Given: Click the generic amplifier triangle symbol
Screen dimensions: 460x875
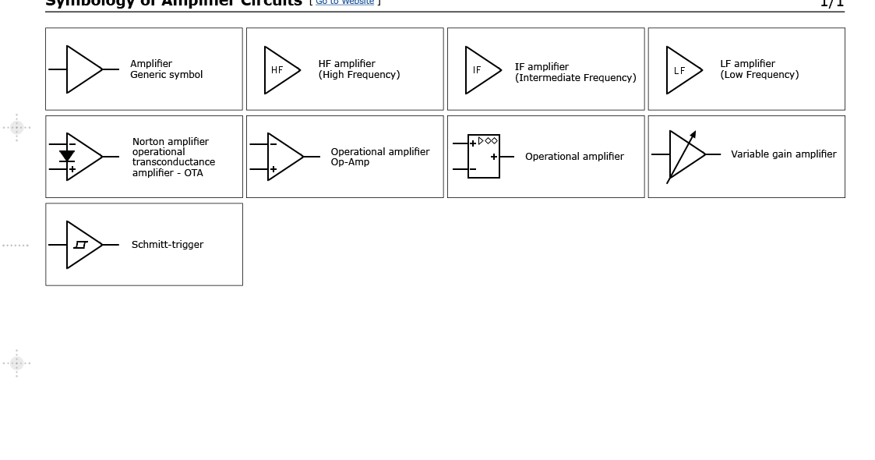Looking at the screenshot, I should pos(83,69).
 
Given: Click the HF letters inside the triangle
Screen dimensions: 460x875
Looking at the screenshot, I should pos(277,70).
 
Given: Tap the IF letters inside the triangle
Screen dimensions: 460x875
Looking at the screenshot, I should pos(477,70).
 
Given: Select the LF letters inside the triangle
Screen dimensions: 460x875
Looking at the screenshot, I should pos(679,71).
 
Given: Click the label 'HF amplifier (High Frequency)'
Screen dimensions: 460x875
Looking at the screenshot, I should pos(358,69).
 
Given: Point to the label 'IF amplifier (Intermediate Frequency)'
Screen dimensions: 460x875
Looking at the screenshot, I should pos(575,73).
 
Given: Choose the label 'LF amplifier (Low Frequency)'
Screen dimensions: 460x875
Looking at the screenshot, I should pos(759,69).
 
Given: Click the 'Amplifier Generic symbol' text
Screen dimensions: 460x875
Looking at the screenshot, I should pos(166,69).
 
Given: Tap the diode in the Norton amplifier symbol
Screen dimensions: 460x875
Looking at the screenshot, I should pos(67,156).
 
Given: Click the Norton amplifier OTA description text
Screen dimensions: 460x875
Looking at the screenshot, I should pos(173,157).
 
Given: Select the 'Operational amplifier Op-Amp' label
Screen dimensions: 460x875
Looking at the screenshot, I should pos(379,157).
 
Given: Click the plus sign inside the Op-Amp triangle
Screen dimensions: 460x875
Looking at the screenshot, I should pos(273,169).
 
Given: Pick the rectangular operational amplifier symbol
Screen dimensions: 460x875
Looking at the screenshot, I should pos(483,157).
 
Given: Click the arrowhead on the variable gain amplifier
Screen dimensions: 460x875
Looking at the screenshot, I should pos(693,135).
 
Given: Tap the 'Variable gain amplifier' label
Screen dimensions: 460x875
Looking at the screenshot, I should pos(783,154).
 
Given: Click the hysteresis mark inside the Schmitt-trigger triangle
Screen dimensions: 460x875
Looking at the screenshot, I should pos(80,245).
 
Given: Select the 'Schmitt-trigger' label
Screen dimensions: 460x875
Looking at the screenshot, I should pos(167,245).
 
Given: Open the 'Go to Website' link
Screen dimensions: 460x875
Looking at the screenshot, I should pos(344,2).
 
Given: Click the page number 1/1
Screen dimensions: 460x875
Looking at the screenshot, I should pos(831,3).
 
